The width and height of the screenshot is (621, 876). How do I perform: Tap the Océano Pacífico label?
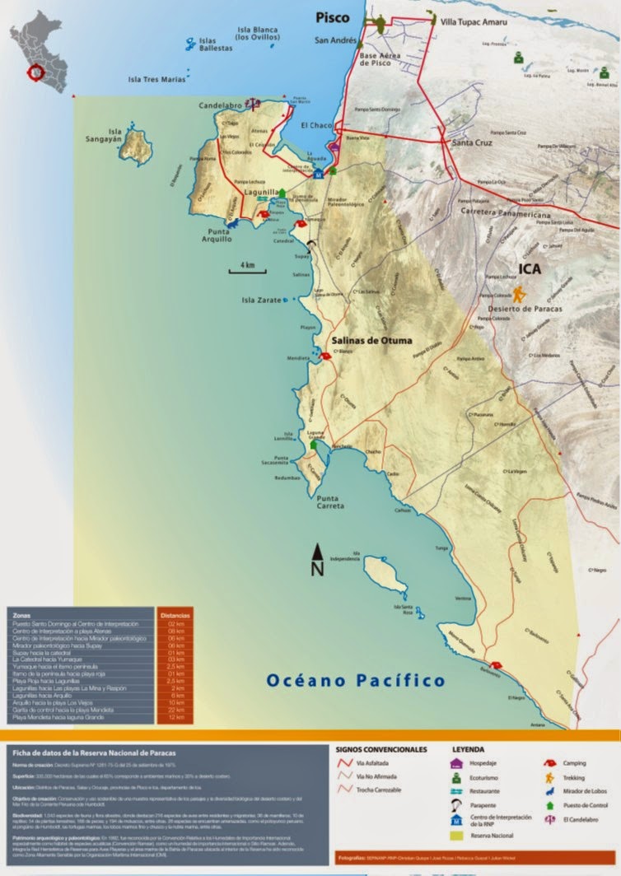(x=356, y=680)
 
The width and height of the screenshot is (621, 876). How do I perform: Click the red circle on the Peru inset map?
(x=36, y=72)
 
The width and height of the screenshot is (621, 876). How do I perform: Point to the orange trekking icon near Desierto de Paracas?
(x=519, y=294)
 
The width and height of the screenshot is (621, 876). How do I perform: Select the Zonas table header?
(x=24, y=614)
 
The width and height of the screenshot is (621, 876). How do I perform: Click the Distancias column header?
(x=175, y=614)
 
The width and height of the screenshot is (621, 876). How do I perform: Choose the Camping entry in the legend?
(x=574, y=763)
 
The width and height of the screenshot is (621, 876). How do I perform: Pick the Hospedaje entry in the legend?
(x=483, y=763)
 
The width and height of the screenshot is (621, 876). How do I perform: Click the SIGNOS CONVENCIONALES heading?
(x=381, y=750)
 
